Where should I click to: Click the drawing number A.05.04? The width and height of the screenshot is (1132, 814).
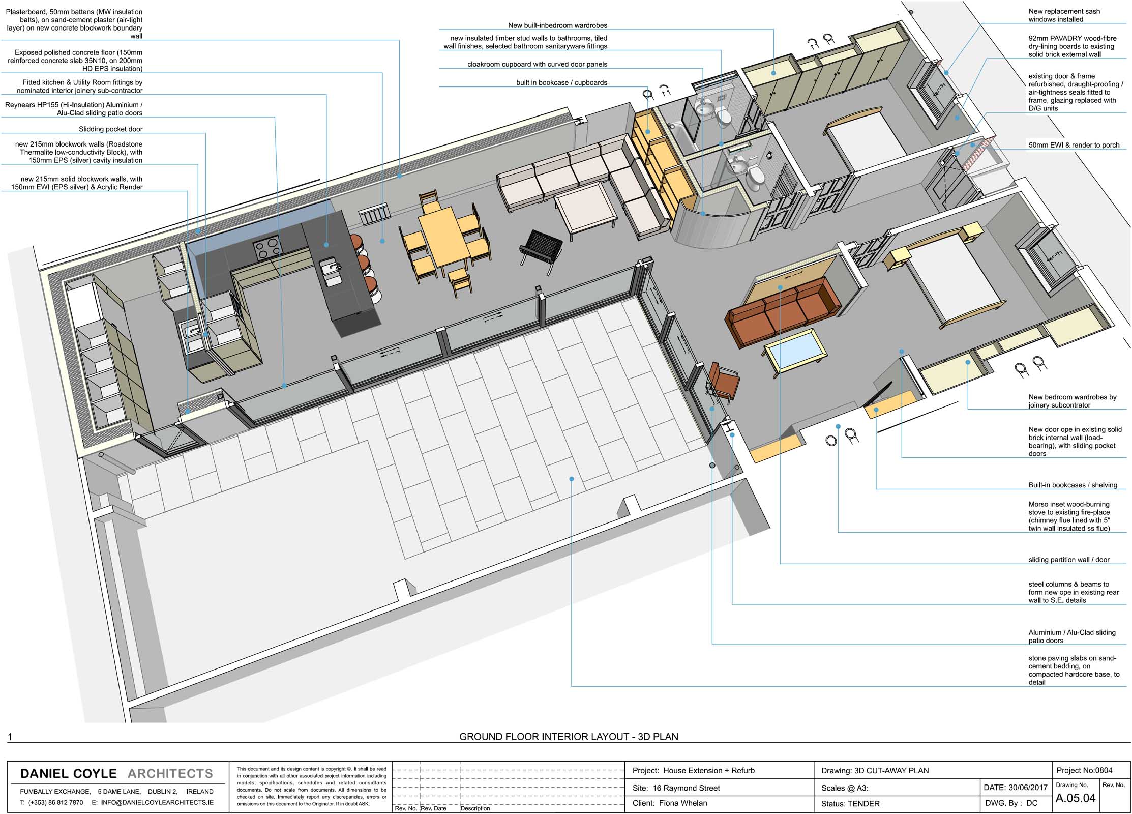click(1075, 798)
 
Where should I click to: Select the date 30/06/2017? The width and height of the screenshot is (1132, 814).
click(1028, 787)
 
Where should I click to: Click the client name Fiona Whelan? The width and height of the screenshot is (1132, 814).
click(682, 803)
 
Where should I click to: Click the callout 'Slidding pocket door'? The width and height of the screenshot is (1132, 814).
click(110, 129)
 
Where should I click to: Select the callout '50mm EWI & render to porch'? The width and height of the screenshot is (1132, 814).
click(1074, 145)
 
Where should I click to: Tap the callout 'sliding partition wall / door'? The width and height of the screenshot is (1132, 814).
click(1069, 560)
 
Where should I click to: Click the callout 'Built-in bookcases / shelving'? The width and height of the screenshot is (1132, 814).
click(1073, 485)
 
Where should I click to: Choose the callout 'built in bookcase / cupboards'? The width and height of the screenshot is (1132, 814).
click(561, 82)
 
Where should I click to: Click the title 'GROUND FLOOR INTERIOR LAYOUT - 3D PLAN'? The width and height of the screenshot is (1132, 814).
click(569, 736)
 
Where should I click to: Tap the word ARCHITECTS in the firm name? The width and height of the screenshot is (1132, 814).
click(170, 773)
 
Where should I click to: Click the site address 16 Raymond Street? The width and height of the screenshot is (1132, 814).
click(687, 788)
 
